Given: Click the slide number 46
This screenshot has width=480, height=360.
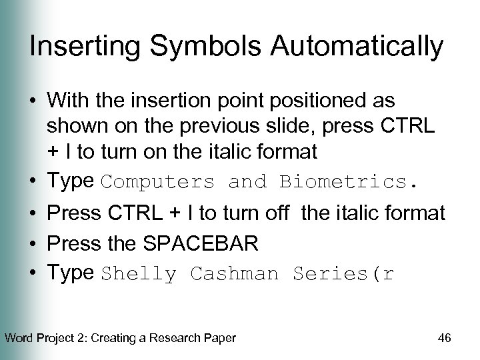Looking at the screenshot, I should tap(445, 338).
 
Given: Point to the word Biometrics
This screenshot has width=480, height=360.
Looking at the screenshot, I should tap(350, 182).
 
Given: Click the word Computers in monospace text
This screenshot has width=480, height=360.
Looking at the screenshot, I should tap(159, 182).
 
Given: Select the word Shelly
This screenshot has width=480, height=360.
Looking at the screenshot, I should tap(139, 274).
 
